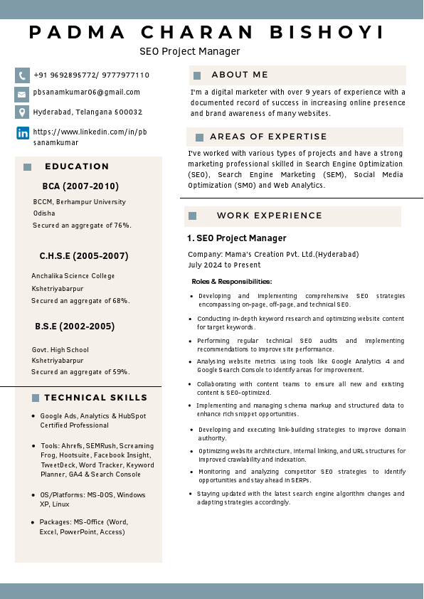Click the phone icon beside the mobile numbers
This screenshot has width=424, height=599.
[22, 75]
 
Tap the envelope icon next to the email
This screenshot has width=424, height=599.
[22, 94]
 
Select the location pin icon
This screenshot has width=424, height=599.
[22, 112]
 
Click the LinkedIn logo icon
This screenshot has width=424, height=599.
[23, 133]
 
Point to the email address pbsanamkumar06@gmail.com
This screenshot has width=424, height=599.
[87, 92]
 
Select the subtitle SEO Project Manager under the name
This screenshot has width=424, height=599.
[190, 51]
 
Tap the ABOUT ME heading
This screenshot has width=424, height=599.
[240, 75]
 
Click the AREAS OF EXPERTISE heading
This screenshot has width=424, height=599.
[268, 137]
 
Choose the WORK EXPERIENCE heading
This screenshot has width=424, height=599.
[269, 216]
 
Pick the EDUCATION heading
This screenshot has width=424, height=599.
[77, 166]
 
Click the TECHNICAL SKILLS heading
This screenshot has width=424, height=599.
[95, 398]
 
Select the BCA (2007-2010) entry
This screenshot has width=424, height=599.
[80, 186]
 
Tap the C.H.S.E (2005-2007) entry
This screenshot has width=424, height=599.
[84, 255]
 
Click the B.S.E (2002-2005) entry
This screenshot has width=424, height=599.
[75, 327]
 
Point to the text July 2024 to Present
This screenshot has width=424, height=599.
[224, 265]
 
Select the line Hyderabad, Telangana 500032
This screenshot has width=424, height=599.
[88, 112]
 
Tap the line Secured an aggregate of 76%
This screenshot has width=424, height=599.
[82, 226]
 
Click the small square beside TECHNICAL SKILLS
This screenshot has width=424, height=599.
[36, 398]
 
